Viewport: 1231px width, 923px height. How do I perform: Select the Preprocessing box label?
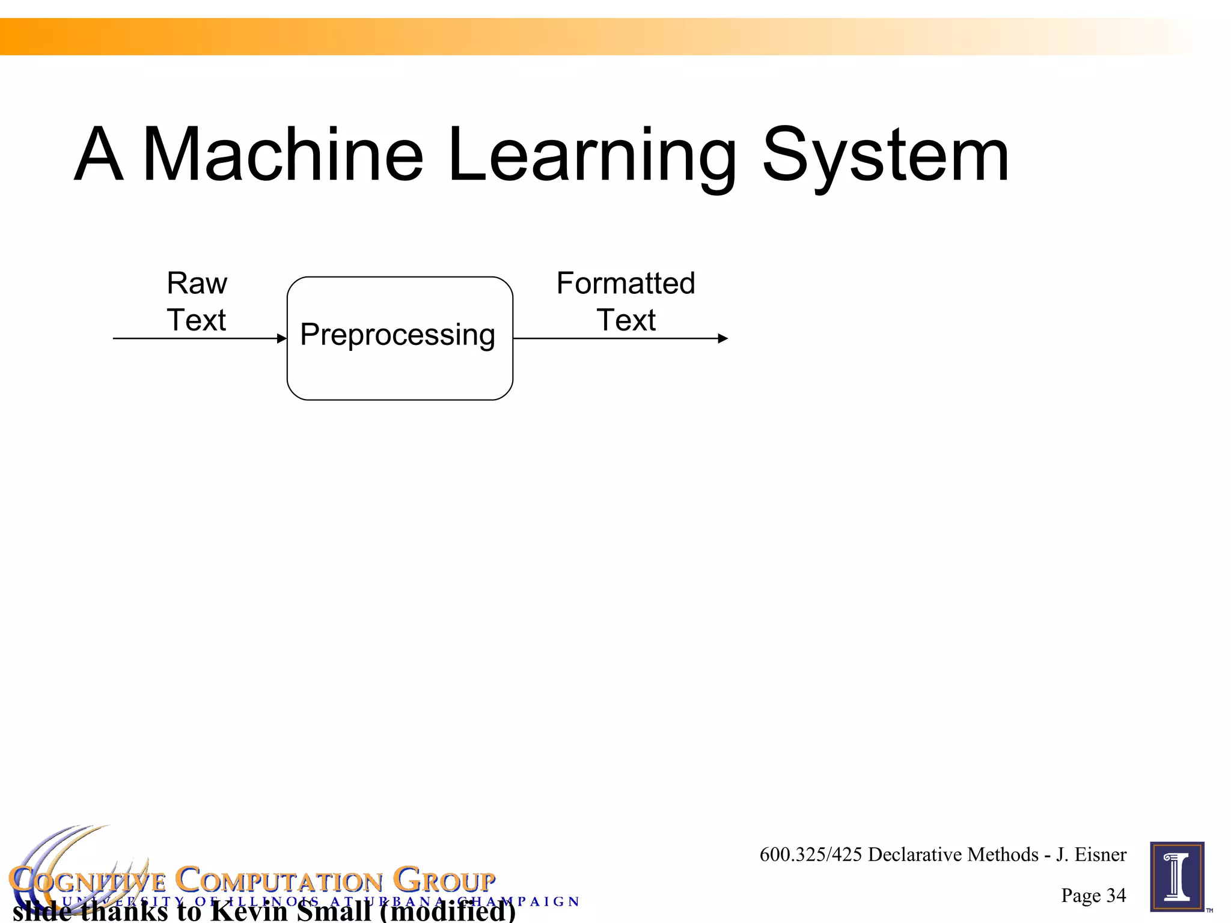coord(398,335)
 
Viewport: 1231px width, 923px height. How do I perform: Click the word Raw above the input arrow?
coord(197,283)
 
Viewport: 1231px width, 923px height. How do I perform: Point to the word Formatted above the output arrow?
coord(626,283)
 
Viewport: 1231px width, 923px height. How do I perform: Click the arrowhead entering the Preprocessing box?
coord(282,338)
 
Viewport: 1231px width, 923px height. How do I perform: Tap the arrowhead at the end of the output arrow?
coord(723,338)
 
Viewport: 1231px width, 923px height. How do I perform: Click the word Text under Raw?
coord(197,320)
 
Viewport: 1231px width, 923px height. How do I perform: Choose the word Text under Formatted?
coord(626,320)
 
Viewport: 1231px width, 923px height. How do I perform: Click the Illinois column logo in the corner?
coord(1177,877)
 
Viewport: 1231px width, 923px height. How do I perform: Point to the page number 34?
coord(1116,895)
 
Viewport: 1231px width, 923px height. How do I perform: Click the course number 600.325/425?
coord(811,854)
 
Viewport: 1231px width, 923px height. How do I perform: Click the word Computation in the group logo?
coord(279,881)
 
